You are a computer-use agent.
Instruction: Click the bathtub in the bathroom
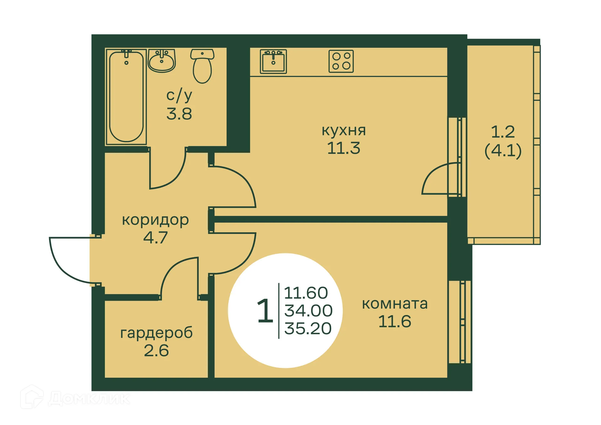click(126, 96)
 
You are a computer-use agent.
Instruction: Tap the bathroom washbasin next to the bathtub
click(162, 60)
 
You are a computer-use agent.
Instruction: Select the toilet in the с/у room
click(202, 66)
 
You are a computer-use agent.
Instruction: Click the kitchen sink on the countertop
click(273, 61)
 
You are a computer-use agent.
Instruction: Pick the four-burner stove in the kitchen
click(341, 61)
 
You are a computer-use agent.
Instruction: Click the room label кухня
click(343, 130)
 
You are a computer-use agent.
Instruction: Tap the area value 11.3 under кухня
click(343, 148)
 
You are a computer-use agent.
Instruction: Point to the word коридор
click(155, 220)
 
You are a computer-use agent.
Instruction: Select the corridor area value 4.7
click(155, 237)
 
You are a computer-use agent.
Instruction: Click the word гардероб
click(157, 333)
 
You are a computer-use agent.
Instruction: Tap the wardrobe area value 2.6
click(156, 350)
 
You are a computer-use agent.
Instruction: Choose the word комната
click(395, 304)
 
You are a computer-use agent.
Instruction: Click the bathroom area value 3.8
click(179, 114)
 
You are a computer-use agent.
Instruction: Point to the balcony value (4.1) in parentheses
click(503, 151)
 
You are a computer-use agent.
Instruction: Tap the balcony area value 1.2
click(503, 132)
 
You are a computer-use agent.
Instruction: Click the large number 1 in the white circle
click(265, 311)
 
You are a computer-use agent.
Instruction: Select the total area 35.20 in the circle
click(308, 328)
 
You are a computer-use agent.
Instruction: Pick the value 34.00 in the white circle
click(308, 310)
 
